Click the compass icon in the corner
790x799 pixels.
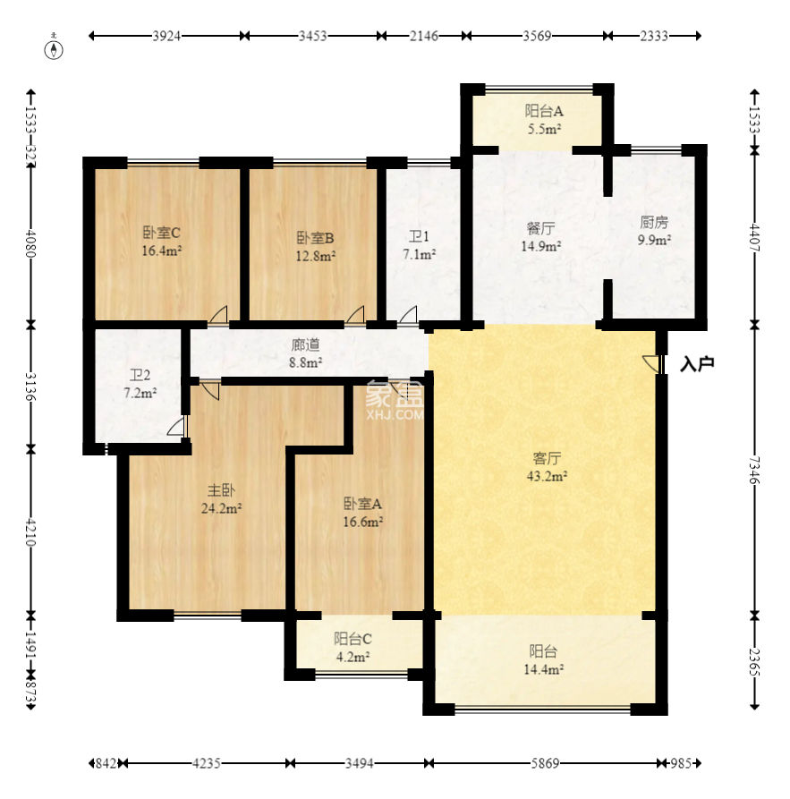click(x=54, y=48)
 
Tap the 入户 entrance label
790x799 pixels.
click(x=697, y=364)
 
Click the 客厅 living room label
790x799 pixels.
click(x=547, y=458)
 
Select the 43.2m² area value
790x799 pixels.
click(x=547, y=476)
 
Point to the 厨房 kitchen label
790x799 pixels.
click(x=654, y=222)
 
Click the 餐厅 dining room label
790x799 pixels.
click(x=540, y=228)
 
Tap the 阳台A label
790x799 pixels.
click(x=544, y=111)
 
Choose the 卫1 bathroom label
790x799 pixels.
click(x=419, y=236)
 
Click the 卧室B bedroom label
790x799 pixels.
click(x=315, y=237)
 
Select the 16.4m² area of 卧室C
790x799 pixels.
click(x=162, y=251)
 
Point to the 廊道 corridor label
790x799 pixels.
click(x=306, y=345)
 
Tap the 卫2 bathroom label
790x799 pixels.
click(x=140, y=375)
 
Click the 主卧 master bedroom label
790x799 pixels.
click(x=221, y=490)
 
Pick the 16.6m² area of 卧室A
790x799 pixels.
click(x=363, y=522)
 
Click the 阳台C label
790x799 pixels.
click(x=353, y=639)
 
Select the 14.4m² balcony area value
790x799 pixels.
click(x=544, y=669)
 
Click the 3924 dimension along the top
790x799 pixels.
click(x=166, y=36)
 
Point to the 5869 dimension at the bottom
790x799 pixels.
click(x=545, y=763)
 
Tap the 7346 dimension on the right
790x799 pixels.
click(x=755, y=471)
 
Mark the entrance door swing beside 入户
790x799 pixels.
click(x=651, y=362)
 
